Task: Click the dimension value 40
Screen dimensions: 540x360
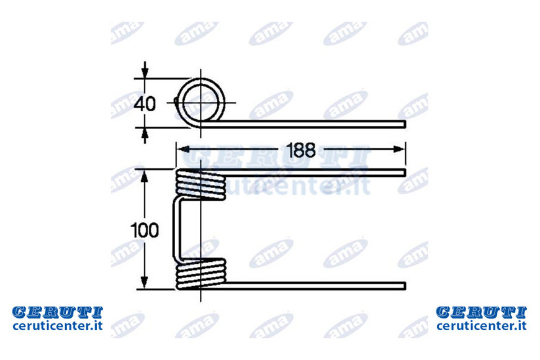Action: click(x=145, y=104)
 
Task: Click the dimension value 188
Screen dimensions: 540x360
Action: click(x=300, y=150)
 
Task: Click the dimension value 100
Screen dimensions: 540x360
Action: click(x=145, y=230)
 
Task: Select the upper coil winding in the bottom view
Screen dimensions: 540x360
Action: click(x=200, y=184)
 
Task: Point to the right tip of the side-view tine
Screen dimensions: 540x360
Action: click(x=405, y=124)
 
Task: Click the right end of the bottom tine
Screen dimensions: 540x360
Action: click(x=405, y=286)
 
